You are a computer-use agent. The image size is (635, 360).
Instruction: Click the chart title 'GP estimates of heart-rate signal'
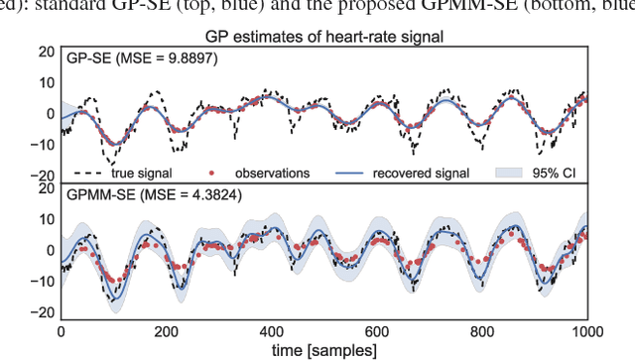pyautogui.click(x=323, y=38)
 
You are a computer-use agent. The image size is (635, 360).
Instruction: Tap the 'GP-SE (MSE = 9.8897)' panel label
pyautogui.click(x=142, y=59)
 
